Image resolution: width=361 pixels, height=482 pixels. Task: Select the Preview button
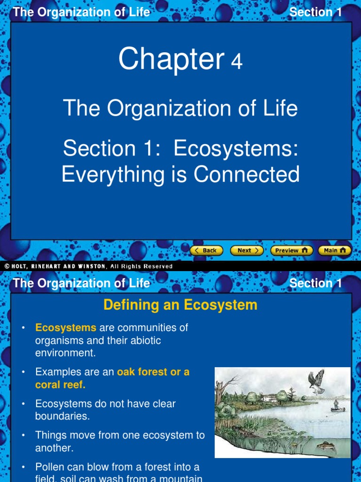(x=291, y=250)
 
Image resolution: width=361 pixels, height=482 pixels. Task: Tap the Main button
(x=335, y=250)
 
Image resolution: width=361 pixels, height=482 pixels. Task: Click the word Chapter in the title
(x=171, y=60)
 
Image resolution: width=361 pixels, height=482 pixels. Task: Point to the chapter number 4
(x=236, y=62)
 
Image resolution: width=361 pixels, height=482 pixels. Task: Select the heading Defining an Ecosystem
(x=180, y=305)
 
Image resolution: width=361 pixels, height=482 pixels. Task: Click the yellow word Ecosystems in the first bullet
(x=66, y=328)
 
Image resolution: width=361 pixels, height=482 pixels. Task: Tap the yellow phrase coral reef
(x=60, y=385)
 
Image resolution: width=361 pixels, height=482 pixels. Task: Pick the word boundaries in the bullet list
(x=62, y=416)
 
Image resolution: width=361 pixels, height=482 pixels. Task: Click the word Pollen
(x=51, y=467)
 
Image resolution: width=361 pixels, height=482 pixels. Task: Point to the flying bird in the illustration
(x=316, y=380)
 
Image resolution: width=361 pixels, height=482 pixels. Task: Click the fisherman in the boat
(x=336, y=405)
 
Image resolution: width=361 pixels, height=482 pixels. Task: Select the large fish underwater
(x=326, y=445)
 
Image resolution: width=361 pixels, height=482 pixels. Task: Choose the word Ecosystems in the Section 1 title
(x=236, y=149)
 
